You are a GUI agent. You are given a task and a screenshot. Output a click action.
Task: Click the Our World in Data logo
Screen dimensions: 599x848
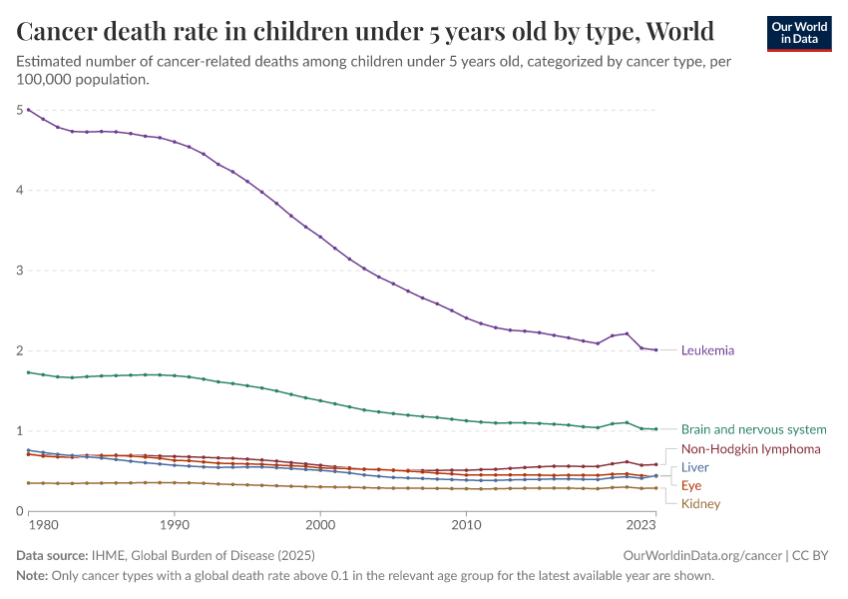(x=798, y=33)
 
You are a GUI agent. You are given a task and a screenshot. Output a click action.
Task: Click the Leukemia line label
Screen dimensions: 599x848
(x=707, y=350)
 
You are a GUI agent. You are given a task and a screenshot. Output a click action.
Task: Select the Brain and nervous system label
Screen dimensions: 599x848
(x=753, y=429)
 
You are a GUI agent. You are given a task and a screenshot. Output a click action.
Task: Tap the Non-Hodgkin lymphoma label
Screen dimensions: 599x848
(x=750, y=449)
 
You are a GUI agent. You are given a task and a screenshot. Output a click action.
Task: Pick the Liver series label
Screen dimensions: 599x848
(x=695, y=467)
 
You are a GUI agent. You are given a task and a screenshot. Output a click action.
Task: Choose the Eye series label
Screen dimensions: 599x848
(x=691, y=485)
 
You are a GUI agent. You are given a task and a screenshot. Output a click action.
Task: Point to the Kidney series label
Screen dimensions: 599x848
(x=700, y=503)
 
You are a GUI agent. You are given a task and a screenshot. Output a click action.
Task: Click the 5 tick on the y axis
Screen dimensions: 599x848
(x=21, y=110)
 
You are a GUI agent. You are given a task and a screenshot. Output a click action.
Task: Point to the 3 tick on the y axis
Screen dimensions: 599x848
(x=21, y=271)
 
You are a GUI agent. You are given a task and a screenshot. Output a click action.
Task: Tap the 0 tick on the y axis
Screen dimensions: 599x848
(x=21, y=511)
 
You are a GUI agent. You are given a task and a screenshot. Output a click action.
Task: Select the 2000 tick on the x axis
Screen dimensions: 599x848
(x=320, y=523)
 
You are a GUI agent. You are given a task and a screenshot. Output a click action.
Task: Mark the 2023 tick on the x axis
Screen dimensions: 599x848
(x=640, y=523)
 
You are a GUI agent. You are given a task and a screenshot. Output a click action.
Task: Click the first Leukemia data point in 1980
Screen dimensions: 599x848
(x=28, y=109)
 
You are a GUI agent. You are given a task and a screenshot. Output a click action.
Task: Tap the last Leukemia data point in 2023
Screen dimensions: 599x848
(x=655, y=349)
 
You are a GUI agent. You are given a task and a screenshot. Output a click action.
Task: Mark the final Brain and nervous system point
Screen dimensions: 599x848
(x=655, y=429)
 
